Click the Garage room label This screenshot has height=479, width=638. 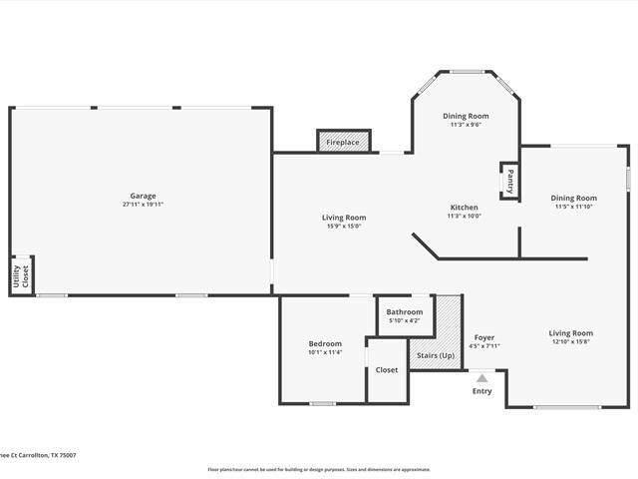143,196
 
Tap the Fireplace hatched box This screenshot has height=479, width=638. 343,143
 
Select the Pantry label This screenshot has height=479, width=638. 509,182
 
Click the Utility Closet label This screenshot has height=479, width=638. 20,276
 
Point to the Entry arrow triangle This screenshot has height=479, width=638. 481,378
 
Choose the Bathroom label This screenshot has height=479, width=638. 405,311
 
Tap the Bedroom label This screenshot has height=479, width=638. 325,343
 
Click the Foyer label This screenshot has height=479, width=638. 483,337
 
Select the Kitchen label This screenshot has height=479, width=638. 464,207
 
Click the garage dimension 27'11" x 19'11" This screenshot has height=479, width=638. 143,205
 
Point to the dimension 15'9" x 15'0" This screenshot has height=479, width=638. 343,226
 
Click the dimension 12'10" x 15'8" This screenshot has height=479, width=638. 570,342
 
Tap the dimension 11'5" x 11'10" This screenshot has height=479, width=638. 573,207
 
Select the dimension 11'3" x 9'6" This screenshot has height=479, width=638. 466,125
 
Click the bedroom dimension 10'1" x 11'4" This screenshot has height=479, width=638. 325,352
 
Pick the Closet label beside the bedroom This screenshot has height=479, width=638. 387,370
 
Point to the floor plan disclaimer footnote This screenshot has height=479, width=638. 319,469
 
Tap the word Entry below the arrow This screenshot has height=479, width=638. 481,391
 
